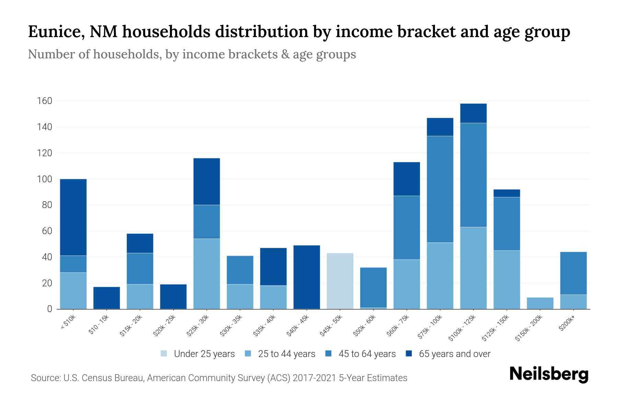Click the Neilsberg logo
point(549,374)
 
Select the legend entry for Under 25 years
point(198,354)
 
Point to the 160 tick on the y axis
point(45,101)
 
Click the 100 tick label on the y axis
point(45,179)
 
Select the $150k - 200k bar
point(540,303)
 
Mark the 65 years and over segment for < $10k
point(73,217)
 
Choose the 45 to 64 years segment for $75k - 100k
point(440,189)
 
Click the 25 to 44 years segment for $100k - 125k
point(473,268)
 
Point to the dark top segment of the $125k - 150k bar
point(506,193)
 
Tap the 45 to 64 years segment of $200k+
point(573,273)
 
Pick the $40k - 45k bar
point(307,277)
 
